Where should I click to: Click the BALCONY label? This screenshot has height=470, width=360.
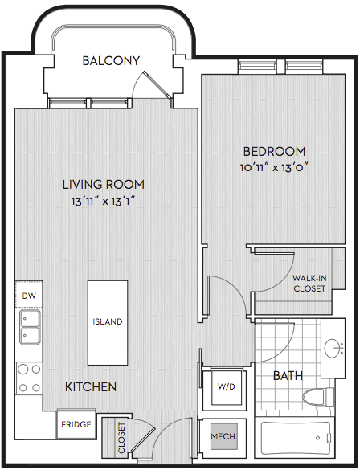click(111, 61)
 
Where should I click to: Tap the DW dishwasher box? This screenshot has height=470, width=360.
click(29, 294)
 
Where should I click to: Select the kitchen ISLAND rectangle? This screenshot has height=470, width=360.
click(108, 322)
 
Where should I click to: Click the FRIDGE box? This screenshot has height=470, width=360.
click(76, 424)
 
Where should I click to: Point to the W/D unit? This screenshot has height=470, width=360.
click(227, 387)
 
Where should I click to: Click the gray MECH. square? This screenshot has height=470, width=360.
click(224, 436)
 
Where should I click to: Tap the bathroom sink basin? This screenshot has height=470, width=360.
click(332, 348)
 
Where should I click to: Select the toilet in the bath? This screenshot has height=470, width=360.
click(318, 397)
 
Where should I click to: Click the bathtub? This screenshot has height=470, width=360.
click(295, 438)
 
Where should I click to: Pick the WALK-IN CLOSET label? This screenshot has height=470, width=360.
click(309, 284)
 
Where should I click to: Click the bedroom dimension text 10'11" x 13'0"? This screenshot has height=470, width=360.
click(274, 168)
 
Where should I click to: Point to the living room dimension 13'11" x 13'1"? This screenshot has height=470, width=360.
click(104, 202)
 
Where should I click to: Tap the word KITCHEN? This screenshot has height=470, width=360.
click(91, 387)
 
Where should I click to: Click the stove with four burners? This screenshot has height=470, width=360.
click(29, 378)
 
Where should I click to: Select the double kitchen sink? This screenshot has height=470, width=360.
click(30, 327)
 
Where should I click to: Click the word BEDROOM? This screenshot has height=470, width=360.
click(274, 151)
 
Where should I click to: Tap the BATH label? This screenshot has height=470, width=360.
click(288, 375)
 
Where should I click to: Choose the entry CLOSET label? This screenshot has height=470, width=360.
click(121, 438)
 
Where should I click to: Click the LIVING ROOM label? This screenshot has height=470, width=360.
click(104, 184)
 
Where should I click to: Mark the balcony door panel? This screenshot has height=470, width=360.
click(157, 85)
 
